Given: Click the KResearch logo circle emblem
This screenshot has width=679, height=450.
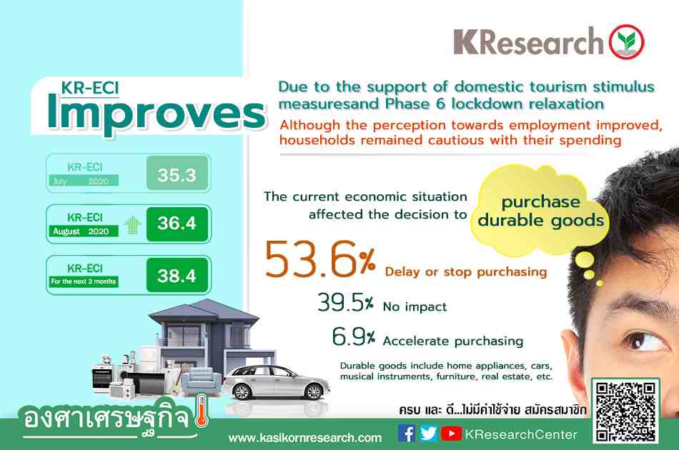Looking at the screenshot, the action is click(626, 42).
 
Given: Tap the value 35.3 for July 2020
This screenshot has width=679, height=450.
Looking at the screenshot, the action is click(177, 174).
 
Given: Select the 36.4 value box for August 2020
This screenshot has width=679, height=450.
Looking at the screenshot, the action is click(177, 224).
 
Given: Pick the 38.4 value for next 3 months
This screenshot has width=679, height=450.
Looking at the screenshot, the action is click(177, 275).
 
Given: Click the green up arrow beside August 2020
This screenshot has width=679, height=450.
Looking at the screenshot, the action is click(132, 225).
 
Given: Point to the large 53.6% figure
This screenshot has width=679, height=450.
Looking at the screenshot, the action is click(320, 259).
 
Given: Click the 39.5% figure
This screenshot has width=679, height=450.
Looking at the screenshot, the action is click(345, 302).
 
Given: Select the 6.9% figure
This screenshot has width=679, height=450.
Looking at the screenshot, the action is click(353, 336).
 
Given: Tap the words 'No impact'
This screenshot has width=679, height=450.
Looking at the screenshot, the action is click(415, 306).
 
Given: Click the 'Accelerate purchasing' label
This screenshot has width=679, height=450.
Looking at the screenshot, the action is click(452, 341).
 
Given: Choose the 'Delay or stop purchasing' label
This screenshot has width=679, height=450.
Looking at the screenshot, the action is click(465, 271).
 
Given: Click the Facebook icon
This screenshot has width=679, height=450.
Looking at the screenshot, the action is click(406, 433).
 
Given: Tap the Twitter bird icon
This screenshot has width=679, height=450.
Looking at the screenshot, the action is click(428, 433).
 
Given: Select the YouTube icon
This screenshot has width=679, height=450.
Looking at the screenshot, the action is click(451, 433).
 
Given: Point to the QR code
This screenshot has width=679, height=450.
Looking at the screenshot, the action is click(625, 411).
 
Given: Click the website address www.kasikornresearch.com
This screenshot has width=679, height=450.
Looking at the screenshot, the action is click(305, 438).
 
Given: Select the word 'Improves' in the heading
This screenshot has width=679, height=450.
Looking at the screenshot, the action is click(156, 113).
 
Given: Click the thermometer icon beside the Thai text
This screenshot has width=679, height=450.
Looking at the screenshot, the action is click(202, 410).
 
